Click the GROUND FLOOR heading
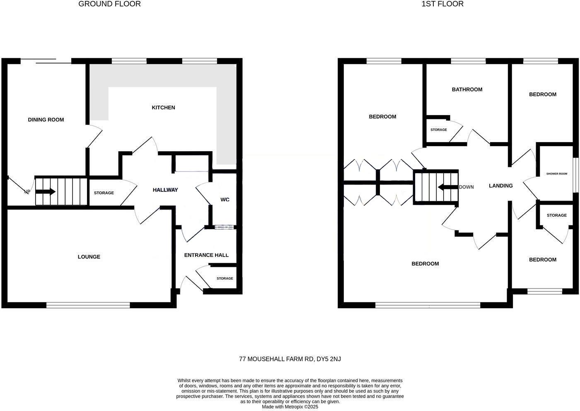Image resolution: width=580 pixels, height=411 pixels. click(x=109, y=4)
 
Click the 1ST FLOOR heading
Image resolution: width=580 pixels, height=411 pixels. click(x=442, y=4)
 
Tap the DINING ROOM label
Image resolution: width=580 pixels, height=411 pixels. click(x=46, y=120)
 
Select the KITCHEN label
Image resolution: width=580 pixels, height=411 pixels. click(x=163, y=108)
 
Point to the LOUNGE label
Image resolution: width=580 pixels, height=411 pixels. click(x=89, y=257)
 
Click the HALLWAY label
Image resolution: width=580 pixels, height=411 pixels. click(x=165, y=190)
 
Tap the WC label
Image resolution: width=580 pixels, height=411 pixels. click(x=225, y=200)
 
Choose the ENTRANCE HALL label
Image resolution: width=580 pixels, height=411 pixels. click(x=206, y=255)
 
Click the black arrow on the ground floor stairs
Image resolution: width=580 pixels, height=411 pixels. click(x=47, y=192)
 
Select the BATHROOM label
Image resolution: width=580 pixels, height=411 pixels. click(x=467, y=89)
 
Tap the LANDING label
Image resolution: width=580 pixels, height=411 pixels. click(x=500, y=186)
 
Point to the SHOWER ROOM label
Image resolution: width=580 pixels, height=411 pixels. click(x=556, y=174)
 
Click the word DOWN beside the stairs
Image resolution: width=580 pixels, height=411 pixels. click(x=466, y=187)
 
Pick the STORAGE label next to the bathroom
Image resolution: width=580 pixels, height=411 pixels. click(x=438, y=130)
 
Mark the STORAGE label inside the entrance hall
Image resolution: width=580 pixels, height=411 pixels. click(x=225, y=278)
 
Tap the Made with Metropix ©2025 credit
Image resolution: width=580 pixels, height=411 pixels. click(x=290, y=407)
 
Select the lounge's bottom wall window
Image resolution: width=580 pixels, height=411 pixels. click(x=88, y=305)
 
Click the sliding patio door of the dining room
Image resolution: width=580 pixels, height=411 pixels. click(x=46, y=61)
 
